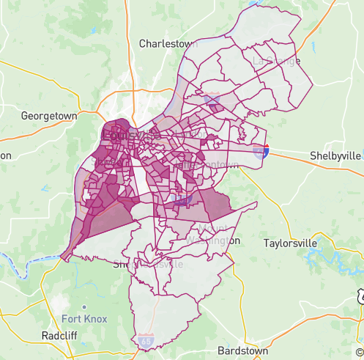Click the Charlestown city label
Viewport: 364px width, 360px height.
pyautogui.click(x=169, y=43)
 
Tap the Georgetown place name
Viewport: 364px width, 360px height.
pyautogui.click(x=50, y=116)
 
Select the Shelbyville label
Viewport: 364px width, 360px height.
pyautogui.click(x=335, y=155)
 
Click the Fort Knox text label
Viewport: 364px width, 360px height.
pyautogui.click(x=84, y=319)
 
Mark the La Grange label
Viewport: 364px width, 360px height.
pyautogui.click(x=276, y=61)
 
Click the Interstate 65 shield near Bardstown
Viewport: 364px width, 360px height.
pyautogui.click(x=145, y=341)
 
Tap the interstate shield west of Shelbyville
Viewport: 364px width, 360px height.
pyautogui.click(x=261, y=151)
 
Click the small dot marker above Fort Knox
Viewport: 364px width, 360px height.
pyautogui.click(x=84, y=306)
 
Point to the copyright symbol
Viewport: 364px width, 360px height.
pyautogui.click(x=359, y=353)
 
